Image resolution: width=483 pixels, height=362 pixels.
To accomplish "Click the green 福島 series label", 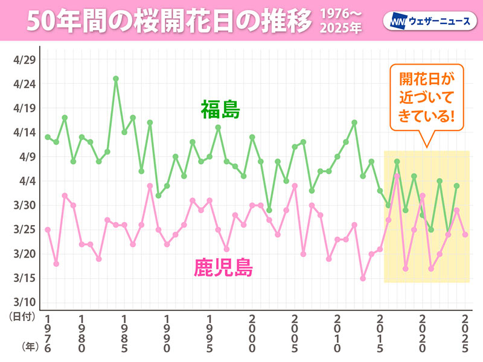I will (x=221, y=110).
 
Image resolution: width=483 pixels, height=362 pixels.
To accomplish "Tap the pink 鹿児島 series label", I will (x=223, y=266).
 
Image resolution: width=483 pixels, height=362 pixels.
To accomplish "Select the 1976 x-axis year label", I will (x=48, y=334).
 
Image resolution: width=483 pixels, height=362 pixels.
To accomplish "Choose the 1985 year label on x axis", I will (x=124, y=334).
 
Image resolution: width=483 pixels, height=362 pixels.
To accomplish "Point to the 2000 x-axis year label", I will (x=252, y=334).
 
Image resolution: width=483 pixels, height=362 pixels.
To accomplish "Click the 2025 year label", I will (x=465, y=334).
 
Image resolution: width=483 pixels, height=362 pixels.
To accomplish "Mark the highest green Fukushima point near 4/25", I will (x=115, y=78).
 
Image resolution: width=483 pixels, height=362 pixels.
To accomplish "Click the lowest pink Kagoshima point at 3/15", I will (x=363, y=278).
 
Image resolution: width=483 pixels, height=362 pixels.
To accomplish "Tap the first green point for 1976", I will (x=48, y=137).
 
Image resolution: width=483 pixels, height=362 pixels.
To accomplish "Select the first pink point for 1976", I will (x=48, y=229).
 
